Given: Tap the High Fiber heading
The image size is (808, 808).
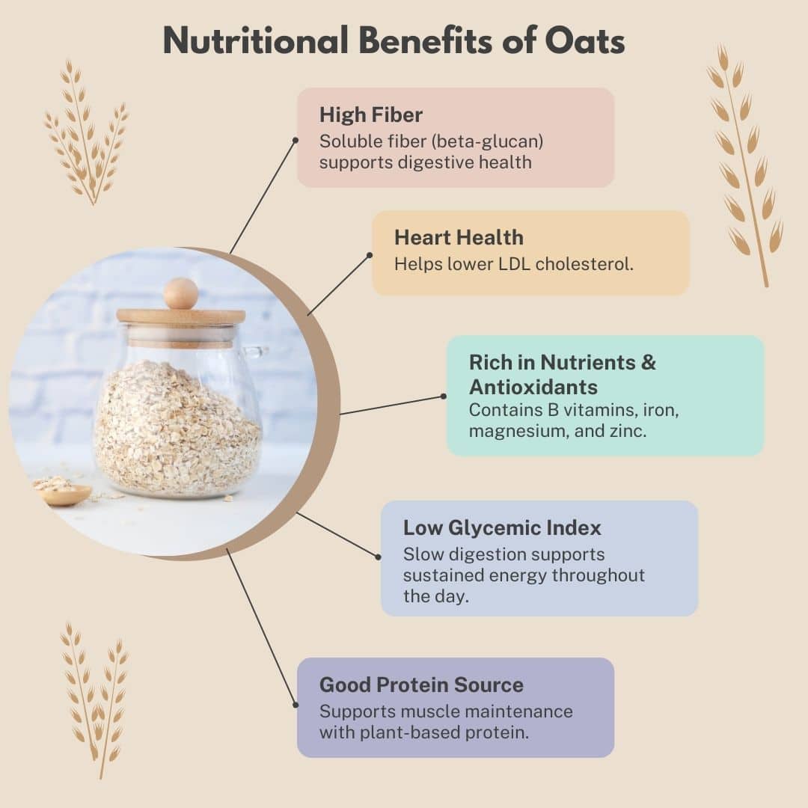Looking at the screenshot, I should tap(371, 114).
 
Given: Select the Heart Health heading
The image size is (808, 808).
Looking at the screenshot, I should tap(459, 237).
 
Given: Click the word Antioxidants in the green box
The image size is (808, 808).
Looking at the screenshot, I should tap(533, 387).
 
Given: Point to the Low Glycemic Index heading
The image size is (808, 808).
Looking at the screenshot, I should tap(502, 527).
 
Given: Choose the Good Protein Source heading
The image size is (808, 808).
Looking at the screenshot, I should tap(421, 685).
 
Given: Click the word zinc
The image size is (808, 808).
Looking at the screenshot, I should tap(627, 431).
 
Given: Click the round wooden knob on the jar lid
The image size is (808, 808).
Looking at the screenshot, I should tap(180, 293).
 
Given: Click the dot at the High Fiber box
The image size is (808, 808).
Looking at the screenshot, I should tap(296, 140).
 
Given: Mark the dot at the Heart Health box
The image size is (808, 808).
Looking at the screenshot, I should tap(370, 255).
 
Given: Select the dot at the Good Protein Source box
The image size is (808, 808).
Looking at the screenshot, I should tap(296, 704).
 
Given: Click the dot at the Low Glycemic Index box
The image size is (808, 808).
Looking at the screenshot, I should tap(379, 555).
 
